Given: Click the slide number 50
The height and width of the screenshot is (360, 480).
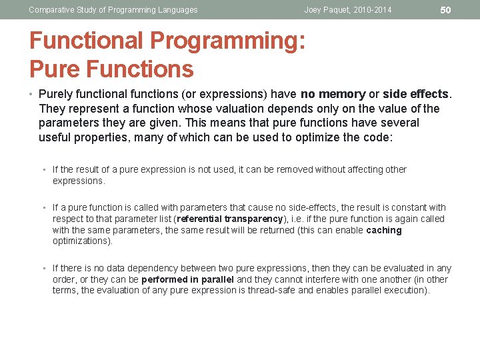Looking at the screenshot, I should [446, 10].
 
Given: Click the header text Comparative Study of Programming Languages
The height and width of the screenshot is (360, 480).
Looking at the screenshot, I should [113, 10].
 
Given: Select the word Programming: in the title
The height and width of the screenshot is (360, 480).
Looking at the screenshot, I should [228, 41].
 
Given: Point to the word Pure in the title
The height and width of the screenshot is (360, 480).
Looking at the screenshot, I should [55, 69].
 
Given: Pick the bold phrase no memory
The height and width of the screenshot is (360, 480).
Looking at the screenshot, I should [333, 94].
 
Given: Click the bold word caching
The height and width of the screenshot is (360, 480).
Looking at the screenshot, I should [384, 230].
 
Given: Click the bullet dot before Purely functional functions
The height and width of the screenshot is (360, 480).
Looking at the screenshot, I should [32, 94].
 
